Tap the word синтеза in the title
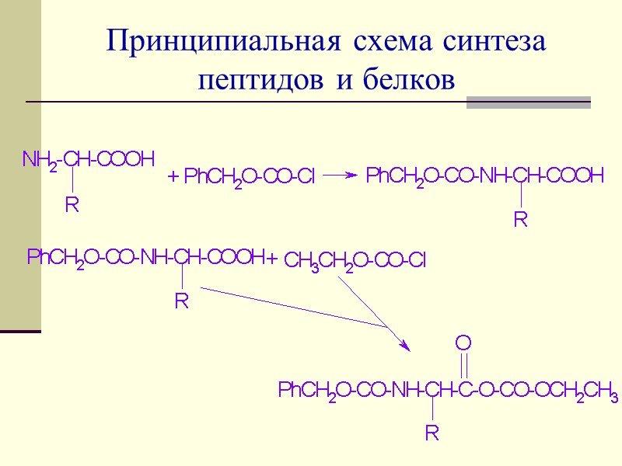click(x=494, y=43)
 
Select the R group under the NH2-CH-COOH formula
click(x=72, y=206)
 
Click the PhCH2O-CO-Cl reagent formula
click(x=250, y=179)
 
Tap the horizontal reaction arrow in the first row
click(x=340, y=176)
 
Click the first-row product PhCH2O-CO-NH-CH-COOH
click(x=484, y=177)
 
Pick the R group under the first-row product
click(x=521, y=221)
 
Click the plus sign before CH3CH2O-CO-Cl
click(x=272, y=258)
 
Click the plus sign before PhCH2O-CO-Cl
click(x=174, y=179)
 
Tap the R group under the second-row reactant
click(x=181, y=301)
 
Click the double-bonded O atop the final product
click(x=463, y=343)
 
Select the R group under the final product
click(x=432, y=433)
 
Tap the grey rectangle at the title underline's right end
click(x=528, y=103)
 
